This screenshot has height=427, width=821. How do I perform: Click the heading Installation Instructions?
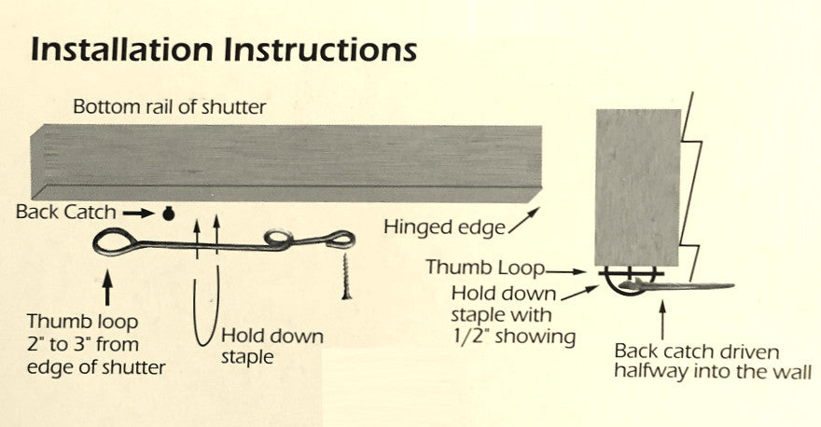pyautogui.click(x=223, y=48)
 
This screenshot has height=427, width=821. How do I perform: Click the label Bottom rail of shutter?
pyautogui.click(x=169, y=107)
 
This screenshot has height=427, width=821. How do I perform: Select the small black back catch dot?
pyautogui.click(x=169, y=213)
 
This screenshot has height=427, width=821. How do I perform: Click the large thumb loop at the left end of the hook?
pyautogui.click(x=116, y=242)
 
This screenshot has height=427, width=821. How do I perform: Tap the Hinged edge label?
pyautogui.click(x=431, y=227)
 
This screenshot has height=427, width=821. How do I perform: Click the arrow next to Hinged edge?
pyautogui.click(x=501, y=220)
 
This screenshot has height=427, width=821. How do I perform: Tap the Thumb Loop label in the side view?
pyautogui.click(x=483, y=267)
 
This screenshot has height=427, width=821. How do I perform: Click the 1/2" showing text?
pyautogui.click(x=522, y=337)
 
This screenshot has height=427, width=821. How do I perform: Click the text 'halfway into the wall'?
pyautogui.click(x=712, y=372)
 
